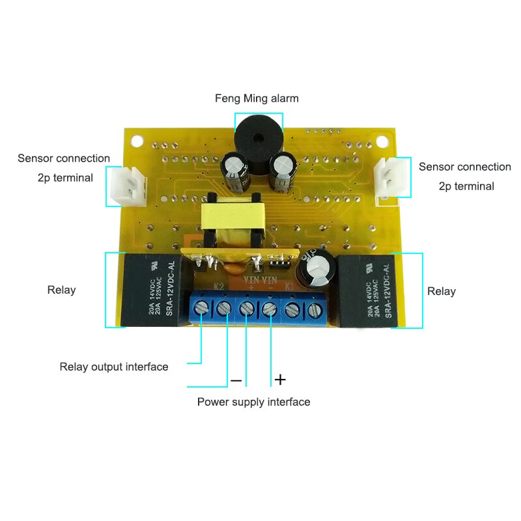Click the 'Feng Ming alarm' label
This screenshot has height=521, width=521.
click(x=257, y=99)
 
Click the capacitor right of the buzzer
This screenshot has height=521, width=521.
click(x=284, y=172)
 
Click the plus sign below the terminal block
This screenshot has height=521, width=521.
click(x=279, y=378)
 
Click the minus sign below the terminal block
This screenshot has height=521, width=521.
click(x=236, y=380)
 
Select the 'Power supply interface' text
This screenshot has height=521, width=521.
click(x=253, y=402)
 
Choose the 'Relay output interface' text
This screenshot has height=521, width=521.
click(x=114, y=367)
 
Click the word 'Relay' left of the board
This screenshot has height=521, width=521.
click(x=61, y=290)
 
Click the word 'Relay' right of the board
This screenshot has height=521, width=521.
click(x=441, y=291)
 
